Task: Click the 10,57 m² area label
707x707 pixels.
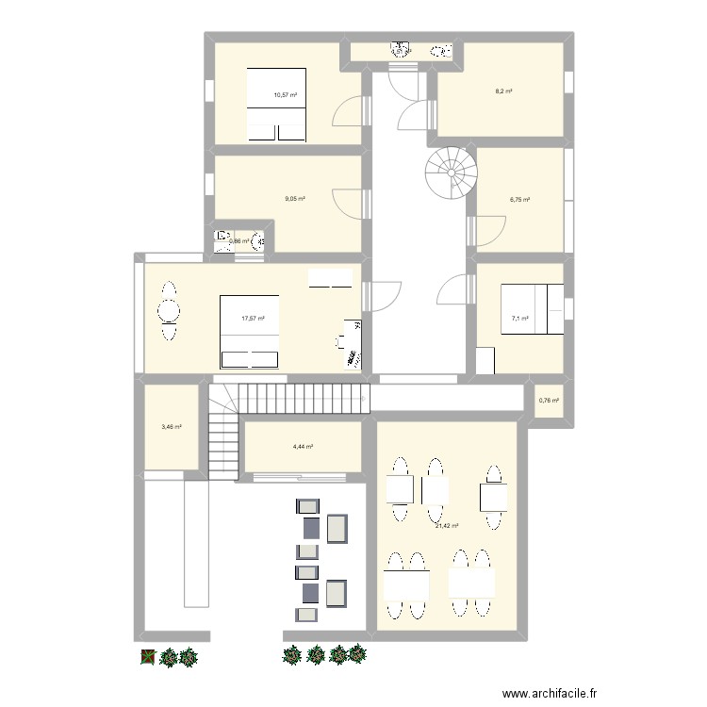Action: click(x=286, y=95)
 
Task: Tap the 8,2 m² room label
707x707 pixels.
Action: click(x=503, y=91)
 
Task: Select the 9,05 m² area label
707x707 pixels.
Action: click(x=295, y=199)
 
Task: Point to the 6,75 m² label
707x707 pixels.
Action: click(x=520, y=200)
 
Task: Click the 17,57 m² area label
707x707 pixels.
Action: click(x=253, y=319)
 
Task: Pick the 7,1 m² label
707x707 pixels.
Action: click(x=519, y=319)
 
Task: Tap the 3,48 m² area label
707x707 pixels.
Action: click(x=171, y=427)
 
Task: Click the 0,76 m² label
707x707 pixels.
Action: click(x=549, y=401)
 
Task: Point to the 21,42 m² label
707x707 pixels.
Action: click(x=446, y=526)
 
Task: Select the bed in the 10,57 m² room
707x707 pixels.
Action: click(x=277, y=105)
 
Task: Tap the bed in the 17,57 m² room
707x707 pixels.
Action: click(x=250, y=331)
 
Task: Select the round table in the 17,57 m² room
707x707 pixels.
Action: click(x=168, y=310)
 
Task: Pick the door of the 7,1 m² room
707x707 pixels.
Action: click(x=456, y=288)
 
